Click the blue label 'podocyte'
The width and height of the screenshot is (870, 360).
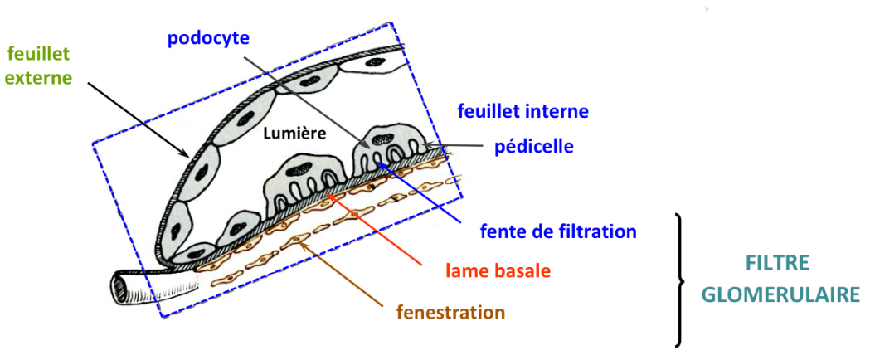[x=208, y=38]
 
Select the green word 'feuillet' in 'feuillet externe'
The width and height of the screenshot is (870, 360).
[x=38, y=56]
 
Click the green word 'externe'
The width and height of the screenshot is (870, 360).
[x=39, y=79]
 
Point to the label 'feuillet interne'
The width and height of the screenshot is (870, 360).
[x=525, y=110]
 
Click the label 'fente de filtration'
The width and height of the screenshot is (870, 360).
[x=559, y=231]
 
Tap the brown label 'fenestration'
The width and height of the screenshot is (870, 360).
[x=450, y=313]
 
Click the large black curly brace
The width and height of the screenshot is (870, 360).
[x=680, y=280]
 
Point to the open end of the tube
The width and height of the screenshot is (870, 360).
[x=119, y=288]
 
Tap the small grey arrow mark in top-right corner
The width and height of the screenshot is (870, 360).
[x=706, y=9]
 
